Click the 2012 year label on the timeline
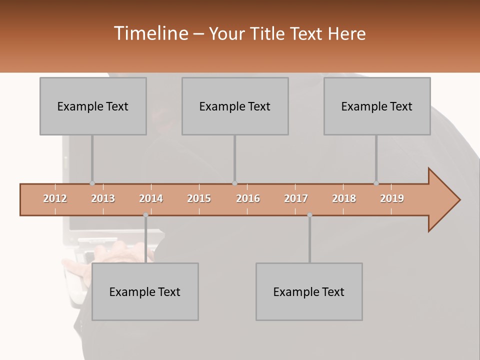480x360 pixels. pos(55,198)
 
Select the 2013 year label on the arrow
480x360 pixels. pos(103,198)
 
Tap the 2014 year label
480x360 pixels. pos(151,198)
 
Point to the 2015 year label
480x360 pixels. pos(199,198)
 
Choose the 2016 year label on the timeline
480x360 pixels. pos(247,198)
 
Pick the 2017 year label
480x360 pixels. pos(296,198)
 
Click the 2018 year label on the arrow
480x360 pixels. pos(344,198)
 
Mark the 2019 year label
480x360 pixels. pos(392,198)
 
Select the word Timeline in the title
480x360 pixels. pos(150,33)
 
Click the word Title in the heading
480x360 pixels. pos(268,34)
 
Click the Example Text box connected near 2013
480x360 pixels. pos(93,106)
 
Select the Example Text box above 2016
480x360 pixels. pos(235,106)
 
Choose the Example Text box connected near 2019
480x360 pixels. pos(377,106)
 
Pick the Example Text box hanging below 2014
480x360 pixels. pos(145,291)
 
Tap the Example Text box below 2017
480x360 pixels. pos(309,291)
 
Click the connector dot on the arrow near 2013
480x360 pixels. pos(92,183)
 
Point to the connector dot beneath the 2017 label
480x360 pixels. pos(309,215)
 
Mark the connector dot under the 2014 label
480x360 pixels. pos(145,215)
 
